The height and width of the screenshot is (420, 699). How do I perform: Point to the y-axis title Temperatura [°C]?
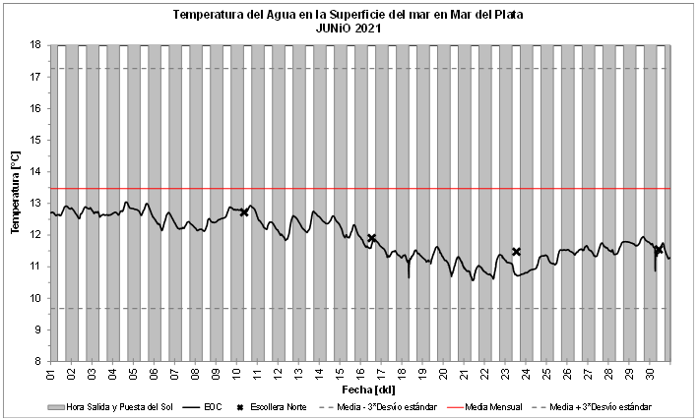[15, 192]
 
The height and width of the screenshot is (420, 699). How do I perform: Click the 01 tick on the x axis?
[51, 375]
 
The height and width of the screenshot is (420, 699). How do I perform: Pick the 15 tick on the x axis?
[340, 375]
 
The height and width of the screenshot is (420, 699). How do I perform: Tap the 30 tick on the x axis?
[649, 375]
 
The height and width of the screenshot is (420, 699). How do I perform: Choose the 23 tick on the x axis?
[505, 375]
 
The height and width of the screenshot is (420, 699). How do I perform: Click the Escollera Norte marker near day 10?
[244, 211]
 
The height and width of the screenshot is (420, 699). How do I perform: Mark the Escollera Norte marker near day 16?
[371, 238]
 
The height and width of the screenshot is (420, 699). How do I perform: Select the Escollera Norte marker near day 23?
[516, 252]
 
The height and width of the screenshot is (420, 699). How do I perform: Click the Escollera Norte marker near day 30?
[659, 250]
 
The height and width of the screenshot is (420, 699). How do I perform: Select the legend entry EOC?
[212, 406]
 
